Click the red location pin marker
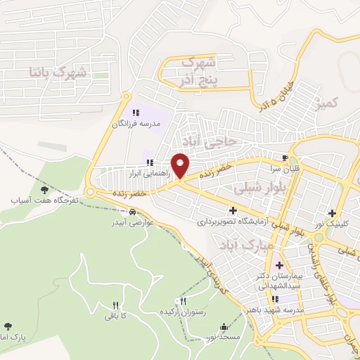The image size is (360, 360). (x=180, y=166)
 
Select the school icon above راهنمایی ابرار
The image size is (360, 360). (x=149, y=162)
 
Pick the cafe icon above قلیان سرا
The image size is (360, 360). (x=285, y=157)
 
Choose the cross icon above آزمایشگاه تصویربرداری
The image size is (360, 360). (x=233, y=210)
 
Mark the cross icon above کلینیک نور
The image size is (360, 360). (x=332, y=213)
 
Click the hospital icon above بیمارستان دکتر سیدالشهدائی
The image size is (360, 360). (x=280, y=265)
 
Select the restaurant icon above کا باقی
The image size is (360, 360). (x=116, y=305)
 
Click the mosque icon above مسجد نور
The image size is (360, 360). (x=224, y=326)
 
